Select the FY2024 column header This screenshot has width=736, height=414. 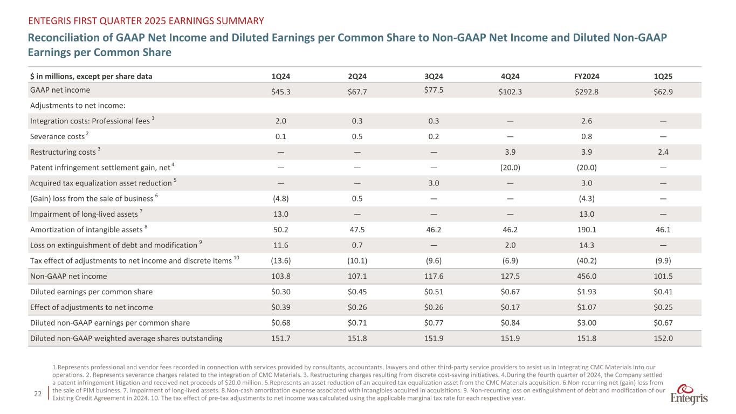pyautogui.click(x=586, y=76)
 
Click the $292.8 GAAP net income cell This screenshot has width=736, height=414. pyautogui.click(x=586, y=92)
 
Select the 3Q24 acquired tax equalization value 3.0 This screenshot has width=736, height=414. pyautogui.click(x=433, y=183)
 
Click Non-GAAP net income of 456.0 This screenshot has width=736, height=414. pyautogui.click(x=586, y=277)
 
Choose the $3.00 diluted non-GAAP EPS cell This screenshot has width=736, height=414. pyautogui.click(x=586, y=323)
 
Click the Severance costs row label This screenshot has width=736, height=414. pyautogui.click(x=58, y=136)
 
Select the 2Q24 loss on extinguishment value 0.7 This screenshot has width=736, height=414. pyautogui.click(x=356, y=245)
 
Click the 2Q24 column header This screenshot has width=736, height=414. pyautogui.click(x=356, y=76)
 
